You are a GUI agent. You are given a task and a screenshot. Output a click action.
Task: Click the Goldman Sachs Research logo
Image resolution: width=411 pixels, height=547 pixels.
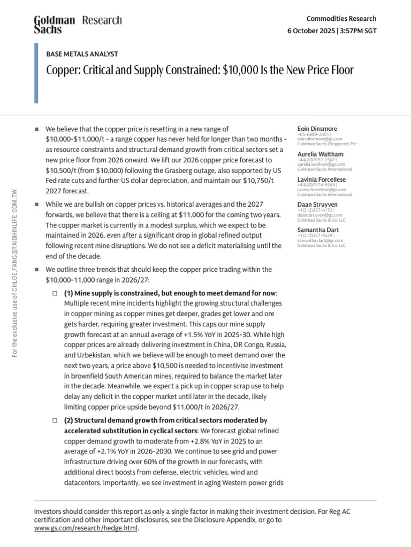(78, 24)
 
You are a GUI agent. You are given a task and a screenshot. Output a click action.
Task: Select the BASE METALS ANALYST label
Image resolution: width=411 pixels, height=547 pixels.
(82, 54)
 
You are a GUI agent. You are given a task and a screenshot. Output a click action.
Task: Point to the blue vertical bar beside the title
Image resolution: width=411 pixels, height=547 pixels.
(36, 73)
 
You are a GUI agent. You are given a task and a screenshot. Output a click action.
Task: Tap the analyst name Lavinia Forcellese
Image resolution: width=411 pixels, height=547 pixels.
(322, 179)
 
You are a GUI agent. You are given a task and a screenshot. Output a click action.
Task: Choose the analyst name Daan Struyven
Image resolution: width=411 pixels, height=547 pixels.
(317, 204)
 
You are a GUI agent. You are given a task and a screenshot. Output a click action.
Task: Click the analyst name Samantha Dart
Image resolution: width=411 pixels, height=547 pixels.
(317, 229)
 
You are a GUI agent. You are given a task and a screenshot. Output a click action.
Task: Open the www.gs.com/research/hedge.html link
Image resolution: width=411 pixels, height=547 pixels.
(86, 528)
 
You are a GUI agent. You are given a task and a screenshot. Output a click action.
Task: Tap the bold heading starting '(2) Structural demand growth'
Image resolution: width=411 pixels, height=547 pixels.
(165, 420)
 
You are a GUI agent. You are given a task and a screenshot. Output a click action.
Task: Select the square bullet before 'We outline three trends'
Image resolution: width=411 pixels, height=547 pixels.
(36, 270)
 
